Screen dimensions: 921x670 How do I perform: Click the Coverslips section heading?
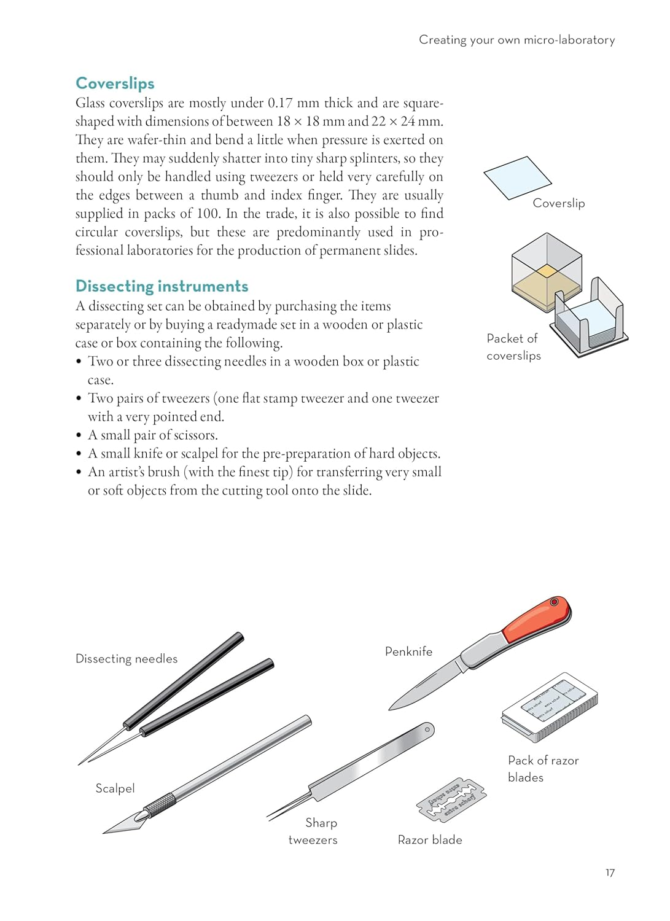pyautogui.click(x=115, y=84)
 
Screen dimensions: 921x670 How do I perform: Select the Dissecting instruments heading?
pyautogui.click(x=162, y=286)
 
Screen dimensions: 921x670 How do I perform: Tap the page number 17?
pyautogui.click(x=610, y=872)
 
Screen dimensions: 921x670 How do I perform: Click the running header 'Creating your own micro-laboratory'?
pyautogui.click(x=516, y=40)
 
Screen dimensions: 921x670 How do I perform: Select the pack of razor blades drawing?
pyautogui.click(x=550, y=707)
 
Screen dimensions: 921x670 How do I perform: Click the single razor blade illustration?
pyautogui.click(x=451, y=800)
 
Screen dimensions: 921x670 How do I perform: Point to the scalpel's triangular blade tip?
pyautogui.click(x=123, y=825)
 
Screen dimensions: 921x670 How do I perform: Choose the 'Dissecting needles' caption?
pyautogui.click(x=127, y=659)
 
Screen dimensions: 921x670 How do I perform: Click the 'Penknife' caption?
pyautogui.click(x=408, y=651)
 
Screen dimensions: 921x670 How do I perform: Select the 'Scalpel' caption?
pyautogui.click(x=115, y=788)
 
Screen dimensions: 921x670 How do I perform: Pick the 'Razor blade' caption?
pyautogui.click(x=430, y=840)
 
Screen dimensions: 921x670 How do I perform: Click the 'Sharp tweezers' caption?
pyautogui.click(x=313, y=831)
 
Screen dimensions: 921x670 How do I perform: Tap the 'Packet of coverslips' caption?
pyautogui.click(x=513, y=347)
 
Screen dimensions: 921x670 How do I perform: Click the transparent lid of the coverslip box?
pyautogui.click(x=547, y=261)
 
